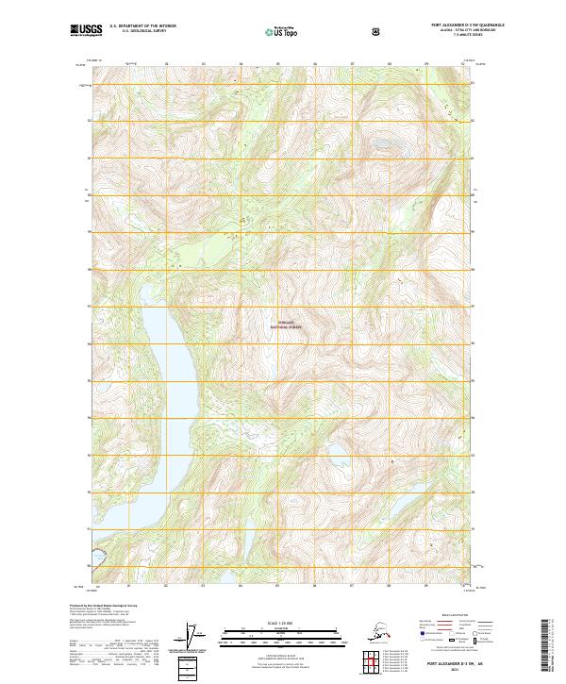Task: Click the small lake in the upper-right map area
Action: click(x=385, y=144)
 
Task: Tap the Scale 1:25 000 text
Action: click(x=284, y=621)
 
